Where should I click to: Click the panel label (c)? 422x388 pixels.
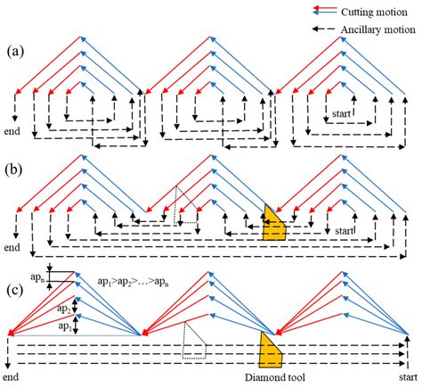coord(14,291)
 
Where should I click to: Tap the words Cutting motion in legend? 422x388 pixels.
coord(374,12)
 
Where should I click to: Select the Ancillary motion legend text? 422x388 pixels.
coord(378,29)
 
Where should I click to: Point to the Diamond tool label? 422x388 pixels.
coord(275,377)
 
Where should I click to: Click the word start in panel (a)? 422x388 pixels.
coord(341,113)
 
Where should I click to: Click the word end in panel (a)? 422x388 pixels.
coord(12,131)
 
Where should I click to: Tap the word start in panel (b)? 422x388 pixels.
coord(345,231)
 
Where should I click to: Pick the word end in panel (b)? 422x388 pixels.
coord(12,247)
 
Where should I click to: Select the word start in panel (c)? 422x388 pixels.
coord(408,377)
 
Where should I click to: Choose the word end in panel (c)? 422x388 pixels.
coord(11,377)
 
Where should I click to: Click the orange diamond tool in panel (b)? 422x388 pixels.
coord(273,225)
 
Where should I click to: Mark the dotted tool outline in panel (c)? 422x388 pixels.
coord(194,340)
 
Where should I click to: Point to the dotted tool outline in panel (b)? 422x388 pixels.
coord(186,204)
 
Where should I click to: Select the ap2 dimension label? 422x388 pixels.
coord(63,309)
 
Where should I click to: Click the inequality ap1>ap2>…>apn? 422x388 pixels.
coord(134,282)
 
